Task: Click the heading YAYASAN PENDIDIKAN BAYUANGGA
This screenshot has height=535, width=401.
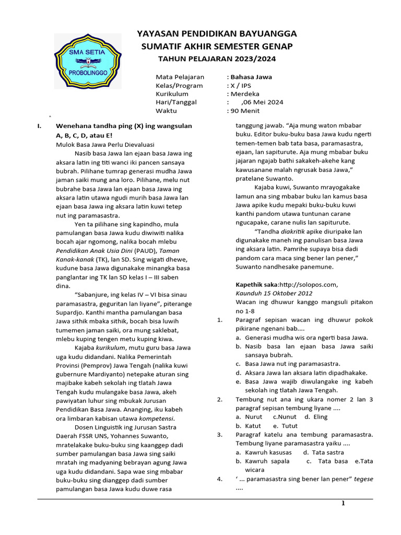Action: pyautogui.click(x=216, y=33)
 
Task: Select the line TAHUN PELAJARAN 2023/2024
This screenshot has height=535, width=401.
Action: pyautogui.click(x=216, y=59)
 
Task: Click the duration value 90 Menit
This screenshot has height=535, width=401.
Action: pyautogui.click(x=245, y=111)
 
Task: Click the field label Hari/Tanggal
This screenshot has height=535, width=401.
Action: pyautogui.click(x=176, y=102)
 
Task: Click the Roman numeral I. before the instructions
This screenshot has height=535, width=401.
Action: pyautogui.click(x=38, y=126)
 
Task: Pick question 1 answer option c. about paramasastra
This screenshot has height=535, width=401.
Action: pyautogui.click(x=287, y=364)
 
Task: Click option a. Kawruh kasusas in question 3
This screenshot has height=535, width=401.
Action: pyautogui.click(x=263, y=452)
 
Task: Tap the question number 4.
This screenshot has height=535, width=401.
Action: pyautogui.click(x=219, y=479)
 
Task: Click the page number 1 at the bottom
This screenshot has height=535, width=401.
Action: pyautogui.click(x=343, y=504)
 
